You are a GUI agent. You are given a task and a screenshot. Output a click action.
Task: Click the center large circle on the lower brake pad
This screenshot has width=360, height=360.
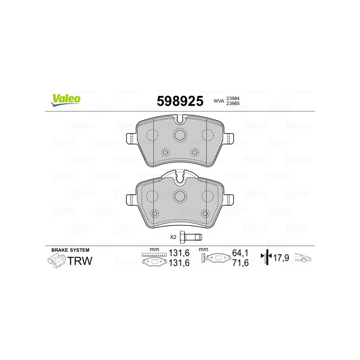180,195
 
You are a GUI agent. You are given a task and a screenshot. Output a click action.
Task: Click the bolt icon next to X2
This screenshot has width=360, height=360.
191,236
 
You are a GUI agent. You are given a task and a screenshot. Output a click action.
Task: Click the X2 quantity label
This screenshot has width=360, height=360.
173,237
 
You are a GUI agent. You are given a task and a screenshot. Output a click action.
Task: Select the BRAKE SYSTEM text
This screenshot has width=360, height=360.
70,250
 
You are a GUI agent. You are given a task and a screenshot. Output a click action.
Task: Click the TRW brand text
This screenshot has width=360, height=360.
80,260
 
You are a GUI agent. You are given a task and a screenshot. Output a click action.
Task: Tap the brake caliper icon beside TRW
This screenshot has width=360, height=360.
56,260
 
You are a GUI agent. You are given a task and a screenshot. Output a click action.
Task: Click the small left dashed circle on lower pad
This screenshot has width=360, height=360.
155,213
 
